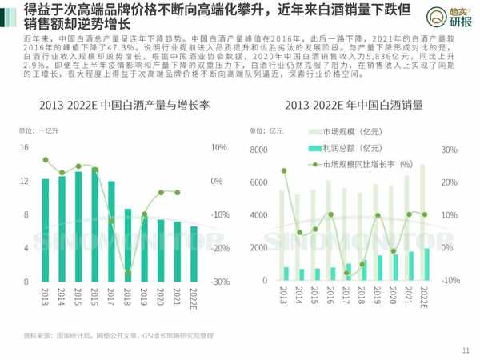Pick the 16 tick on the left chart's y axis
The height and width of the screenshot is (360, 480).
pyautogui.click(x=25, y=148)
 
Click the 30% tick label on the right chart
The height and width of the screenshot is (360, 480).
pyautogui.click(x=451, y=150)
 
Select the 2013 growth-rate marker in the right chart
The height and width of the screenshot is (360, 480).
pyautogui.click(x=284, y=171)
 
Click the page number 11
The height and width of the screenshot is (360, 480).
pyautogui.click(x=466, y=349)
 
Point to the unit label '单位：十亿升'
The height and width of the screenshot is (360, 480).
pyautogui.click(x=36, y=130)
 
